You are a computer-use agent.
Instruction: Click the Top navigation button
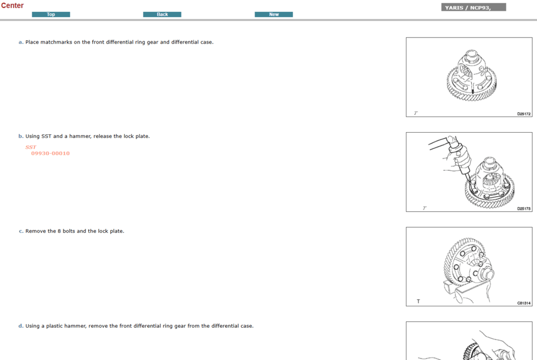(x=51, y=15)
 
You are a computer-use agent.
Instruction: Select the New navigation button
(x=274, y=15)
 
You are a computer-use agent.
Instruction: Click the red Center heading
(x=12, y=5)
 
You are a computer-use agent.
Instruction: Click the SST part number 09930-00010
(x=50, y=154)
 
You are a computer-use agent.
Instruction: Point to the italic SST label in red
(x=31, y=147)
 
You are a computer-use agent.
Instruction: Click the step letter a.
(x=21, y=42)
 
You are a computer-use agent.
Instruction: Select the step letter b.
(x=21, y=136)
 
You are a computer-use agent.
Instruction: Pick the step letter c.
(x=21, y=231)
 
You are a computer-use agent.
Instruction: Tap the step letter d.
(x=21, y=326)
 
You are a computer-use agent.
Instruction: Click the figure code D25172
(x=524, y=114)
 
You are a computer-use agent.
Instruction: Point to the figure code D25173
(x=524, y=208)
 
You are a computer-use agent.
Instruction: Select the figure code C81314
(x=524, y=303)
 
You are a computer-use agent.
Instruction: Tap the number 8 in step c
(x=59, y=231)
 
